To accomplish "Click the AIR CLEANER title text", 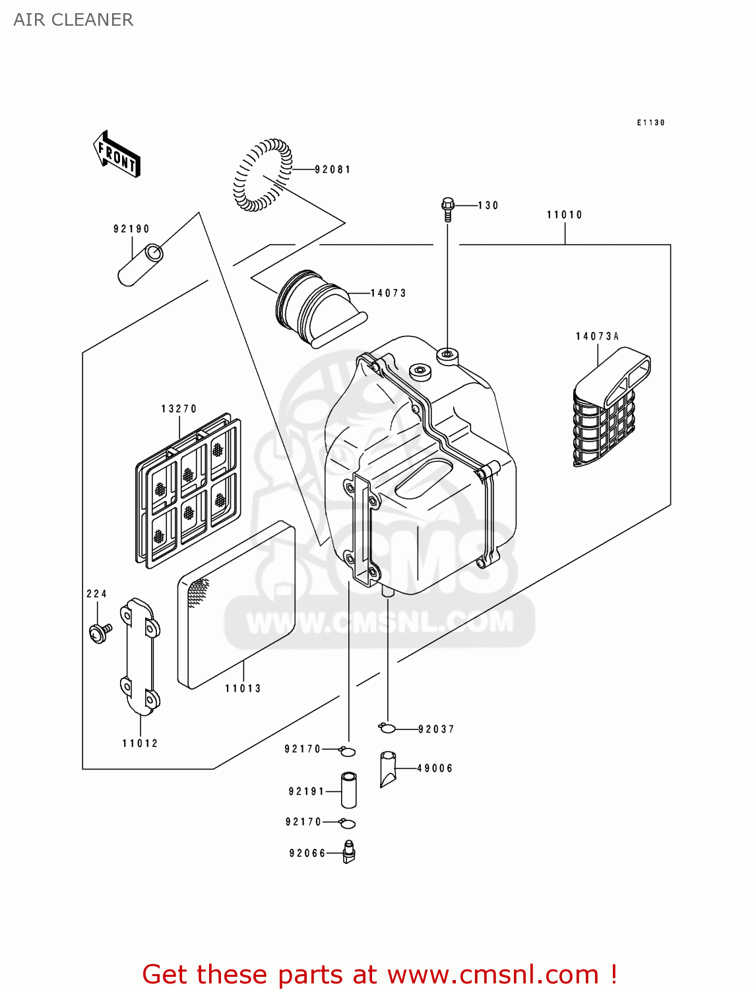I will (x=73, y=20).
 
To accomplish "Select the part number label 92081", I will (x=332, y=170).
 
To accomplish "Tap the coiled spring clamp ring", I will (x=262, y=175).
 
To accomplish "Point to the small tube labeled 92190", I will (x=141, y=265).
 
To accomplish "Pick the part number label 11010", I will (x=564, y=214).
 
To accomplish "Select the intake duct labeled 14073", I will (x=317, y=308).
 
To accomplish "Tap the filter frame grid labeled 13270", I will (x=189, y=489).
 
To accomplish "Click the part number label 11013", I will (x=243, y=688).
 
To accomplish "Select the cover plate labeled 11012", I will (x=139, y=657).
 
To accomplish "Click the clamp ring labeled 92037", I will (x=387, y=728).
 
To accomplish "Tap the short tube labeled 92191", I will (x=348, y=790).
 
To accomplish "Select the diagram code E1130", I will (x=650, y=123).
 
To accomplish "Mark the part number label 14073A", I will (x=597, y=337).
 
